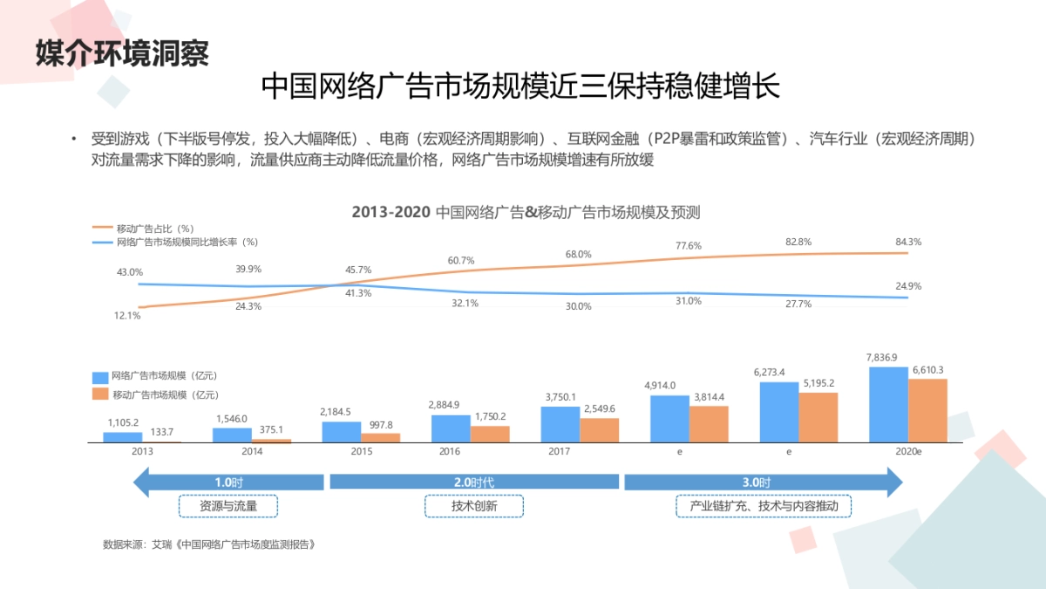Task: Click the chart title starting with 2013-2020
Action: pos(526,212)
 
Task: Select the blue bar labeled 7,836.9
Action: pos(888,404)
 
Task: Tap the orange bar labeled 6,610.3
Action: pos(927,410)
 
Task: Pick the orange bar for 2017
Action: pos(599,430)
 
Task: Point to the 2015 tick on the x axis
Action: pos(361,452)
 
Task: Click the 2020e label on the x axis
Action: pos(907,452)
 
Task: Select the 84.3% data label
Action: pos(907,242)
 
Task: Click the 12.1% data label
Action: pos(127,316)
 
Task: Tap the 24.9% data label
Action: pos(907,286)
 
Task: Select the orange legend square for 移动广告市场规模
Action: pos(100,394)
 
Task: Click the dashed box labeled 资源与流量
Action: pos(228,506)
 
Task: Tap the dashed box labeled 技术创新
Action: pos(474,506)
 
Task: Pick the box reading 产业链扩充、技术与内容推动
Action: pos(764,506)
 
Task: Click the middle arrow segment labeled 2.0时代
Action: pos(474,482)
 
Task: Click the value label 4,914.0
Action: pos(660,385)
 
